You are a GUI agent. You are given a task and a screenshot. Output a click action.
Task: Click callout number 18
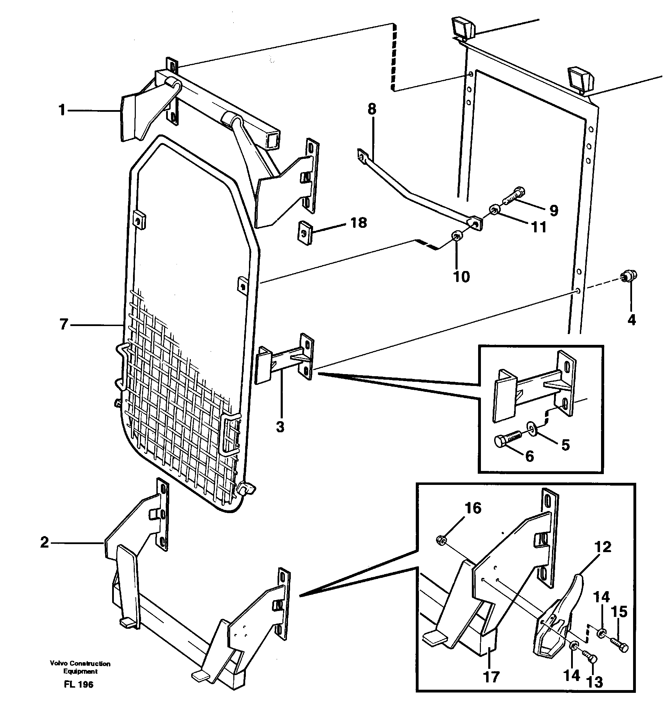tap(358, 223)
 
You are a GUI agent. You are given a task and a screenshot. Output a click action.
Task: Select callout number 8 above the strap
tap(372, 109)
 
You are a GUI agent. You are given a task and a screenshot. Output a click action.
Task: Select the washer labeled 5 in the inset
tap(532, 427)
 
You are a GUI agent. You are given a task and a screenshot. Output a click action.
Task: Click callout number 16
tap(473, 508)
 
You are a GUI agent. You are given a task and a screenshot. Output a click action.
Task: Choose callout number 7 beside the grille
tap(63, 325)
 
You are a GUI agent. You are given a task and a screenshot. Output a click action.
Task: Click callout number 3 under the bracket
tap(280, 427)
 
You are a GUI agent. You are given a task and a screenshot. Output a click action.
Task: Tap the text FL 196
tap(78, 684)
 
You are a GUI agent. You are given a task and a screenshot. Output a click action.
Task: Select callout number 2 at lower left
tap(45, 543)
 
